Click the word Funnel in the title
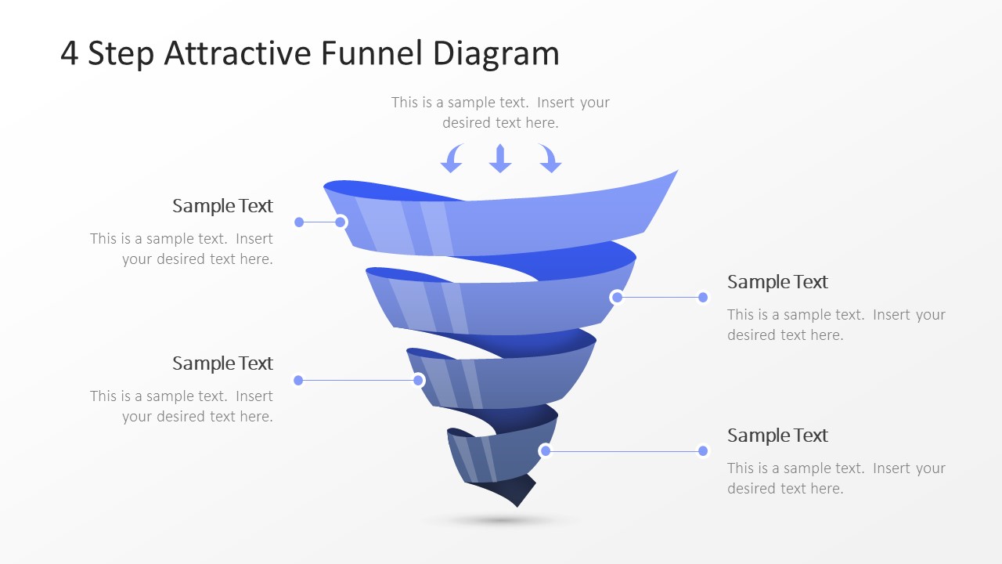tap(372, 52)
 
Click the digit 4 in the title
tap(69, 53)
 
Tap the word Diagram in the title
tap(496, 55)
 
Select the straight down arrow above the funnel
tap(500, 158)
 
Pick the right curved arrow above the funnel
tap(550, 159)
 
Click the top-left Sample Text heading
tap(222, 206)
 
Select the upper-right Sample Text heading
tap(777, 282)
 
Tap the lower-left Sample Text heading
tap(222, 363)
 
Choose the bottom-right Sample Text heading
tap(777, 436)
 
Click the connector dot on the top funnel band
tap(341, 222)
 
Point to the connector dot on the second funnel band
tap(617, 297)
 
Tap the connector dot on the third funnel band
tap(418, 381)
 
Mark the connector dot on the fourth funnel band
tap(546, 450)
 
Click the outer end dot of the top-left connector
tap(299, 222)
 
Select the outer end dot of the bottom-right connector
tap(703, 450)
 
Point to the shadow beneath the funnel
tap(501, 521)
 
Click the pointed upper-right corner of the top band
tap(678, 170)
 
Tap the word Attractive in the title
tap(237, 52)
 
